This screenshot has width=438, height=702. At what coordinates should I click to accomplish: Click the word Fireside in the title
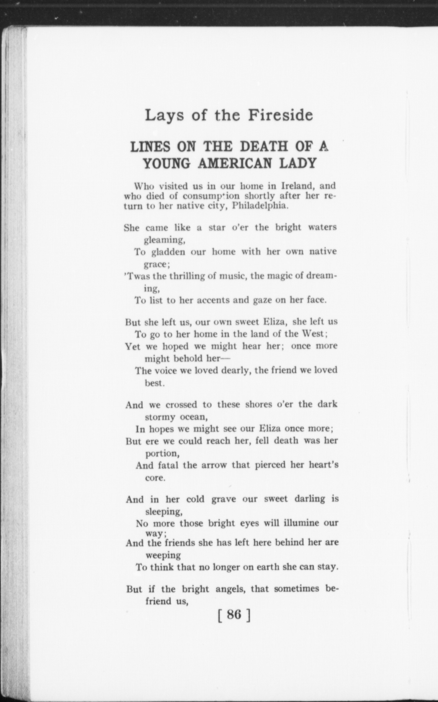280,115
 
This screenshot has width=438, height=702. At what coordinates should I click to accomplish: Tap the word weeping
163,555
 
